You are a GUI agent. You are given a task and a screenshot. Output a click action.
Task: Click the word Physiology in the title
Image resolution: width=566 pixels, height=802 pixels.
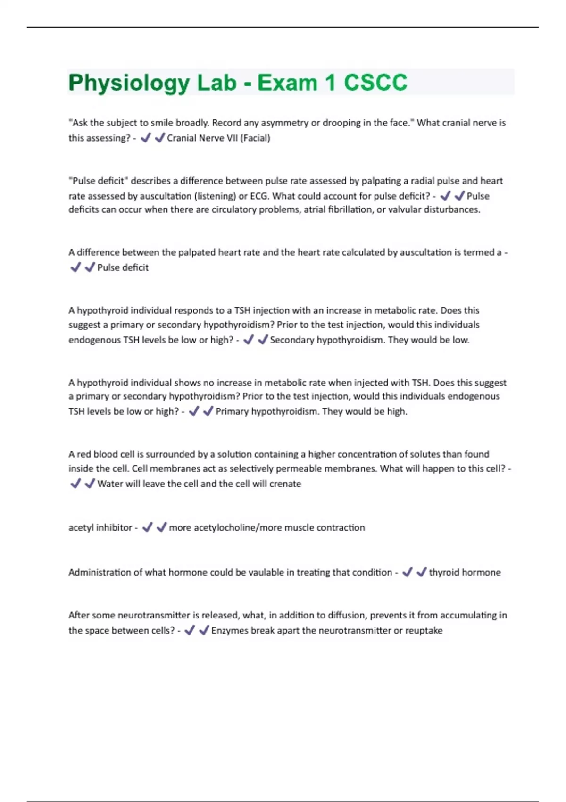tap(129, 84)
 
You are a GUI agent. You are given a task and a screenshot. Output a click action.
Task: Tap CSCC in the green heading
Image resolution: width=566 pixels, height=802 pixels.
tap(375, 83)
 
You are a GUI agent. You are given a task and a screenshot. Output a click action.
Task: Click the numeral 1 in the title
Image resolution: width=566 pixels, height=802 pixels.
tap(330, 83)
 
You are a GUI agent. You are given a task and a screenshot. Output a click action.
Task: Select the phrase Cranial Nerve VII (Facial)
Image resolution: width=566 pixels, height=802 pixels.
tap(218, 138)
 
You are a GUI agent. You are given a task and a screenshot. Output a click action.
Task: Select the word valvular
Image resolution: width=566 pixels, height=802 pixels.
tap(403, 209)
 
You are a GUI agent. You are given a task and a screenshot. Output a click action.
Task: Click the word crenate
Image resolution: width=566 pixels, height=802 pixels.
tap(285, 484)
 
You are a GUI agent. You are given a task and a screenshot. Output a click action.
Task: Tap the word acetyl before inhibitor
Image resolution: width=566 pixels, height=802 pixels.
tap(81, 528)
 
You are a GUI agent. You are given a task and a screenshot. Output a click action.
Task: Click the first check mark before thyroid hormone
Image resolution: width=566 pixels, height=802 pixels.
tap(407, 572)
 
